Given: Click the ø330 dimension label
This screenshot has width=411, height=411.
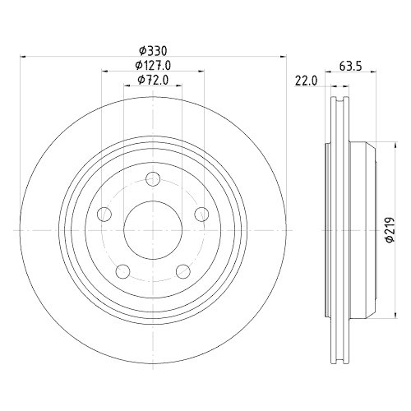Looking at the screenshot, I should point(152,50).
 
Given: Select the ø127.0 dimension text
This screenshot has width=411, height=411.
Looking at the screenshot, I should point(152,65).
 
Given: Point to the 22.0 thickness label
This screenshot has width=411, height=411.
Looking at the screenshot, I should point(306,80).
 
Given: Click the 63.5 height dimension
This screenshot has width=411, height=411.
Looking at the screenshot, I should point(351,67).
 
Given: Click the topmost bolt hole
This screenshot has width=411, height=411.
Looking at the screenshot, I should point(152,180).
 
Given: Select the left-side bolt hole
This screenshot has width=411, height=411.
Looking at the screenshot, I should point(104,215).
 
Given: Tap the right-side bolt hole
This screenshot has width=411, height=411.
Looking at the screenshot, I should point(201,215).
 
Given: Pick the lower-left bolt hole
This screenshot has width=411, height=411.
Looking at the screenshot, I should point(122,271).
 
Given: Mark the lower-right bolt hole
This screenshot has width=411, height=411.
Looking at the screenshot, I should point(182,271).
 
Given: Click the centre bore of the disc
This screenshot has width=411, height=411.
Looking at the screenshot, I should point(152,231).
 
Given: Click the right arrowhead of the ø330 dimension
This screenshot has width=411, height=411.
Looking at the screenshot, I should point(284,57).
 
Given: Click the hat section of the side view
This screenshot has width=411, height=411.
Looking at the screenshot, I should point(362,231).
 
